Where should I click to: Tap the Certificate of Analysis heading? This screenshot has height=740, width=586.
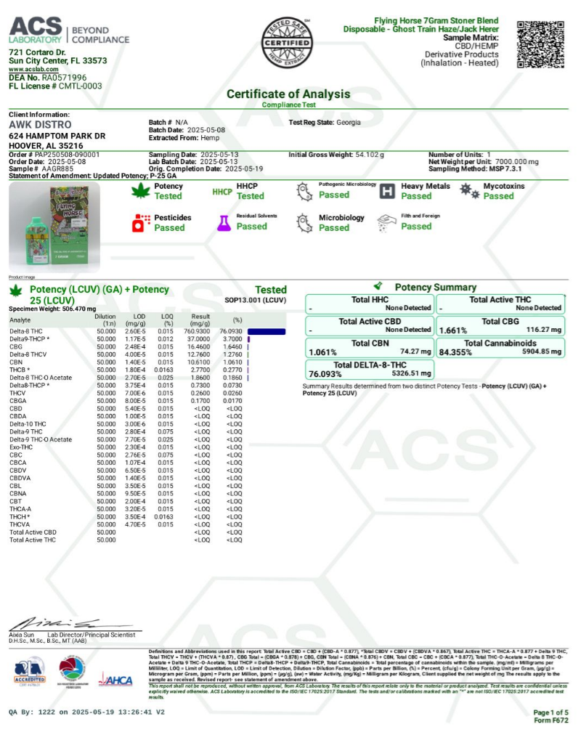(288, 94)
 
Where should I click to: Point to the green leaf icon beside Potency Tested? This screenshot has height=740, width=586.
(137, 191)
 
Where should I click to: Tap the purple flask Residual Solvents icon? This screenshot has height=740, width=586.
(223, 222)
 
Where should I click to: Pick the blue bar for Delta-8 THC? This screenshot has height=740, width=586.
(266, 331)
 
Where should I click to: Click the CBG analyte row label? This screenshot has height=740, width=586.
(16, 347)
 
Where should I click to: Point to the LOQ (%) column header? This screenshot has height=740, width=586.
(167, 320)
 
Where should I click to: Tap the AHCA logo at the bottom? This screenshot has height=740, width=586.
(115, 680)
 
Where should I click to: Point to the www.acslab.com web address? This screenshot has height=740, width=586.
(33, 70)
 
